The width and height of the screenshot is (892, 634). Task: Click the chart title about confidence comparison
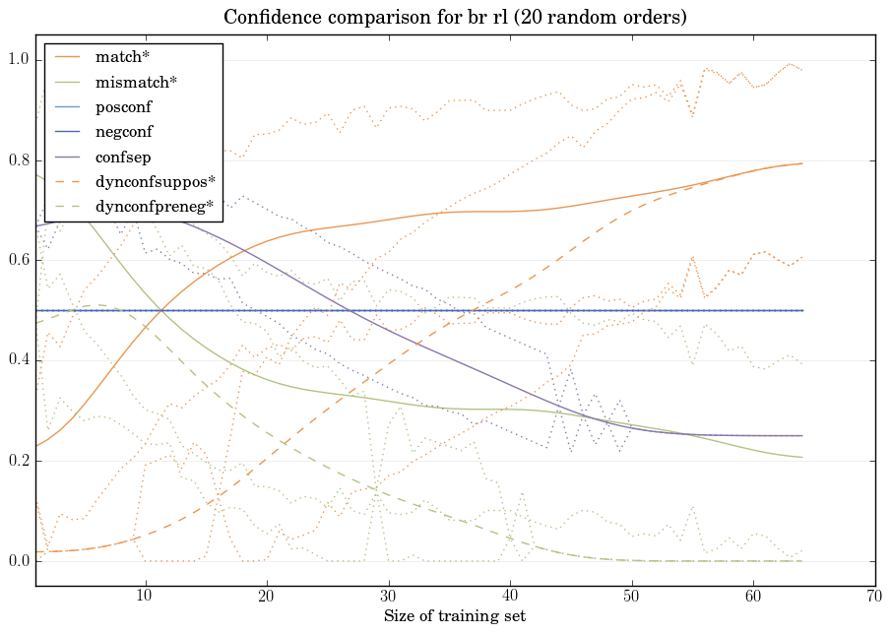coord(454,18)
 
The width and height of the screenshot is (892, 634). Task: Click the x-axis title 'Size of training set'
coord(454,617)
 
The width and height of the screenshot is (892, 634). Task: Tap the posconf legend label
coord(123,107)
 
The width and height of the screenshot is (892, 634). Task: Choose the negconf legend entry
coord(124,132)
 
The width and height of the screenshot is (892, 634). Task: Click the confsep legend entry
coord(123,157)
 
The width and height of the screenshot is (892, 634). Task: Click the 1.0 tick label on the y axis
coord(19,61)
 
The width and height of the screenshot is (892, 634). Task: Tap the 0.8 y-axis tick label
coord(19,161)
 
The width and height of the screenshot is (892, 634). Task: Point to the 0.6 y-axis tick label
coord(19,261)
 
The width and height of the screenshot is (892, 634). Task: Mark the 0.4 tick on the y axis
coord(19,361)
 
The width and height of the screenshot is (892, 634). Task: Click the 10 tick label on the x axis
coord(145,597)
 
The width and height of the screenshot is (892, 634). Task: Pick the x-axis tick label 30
coord(388,597)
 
